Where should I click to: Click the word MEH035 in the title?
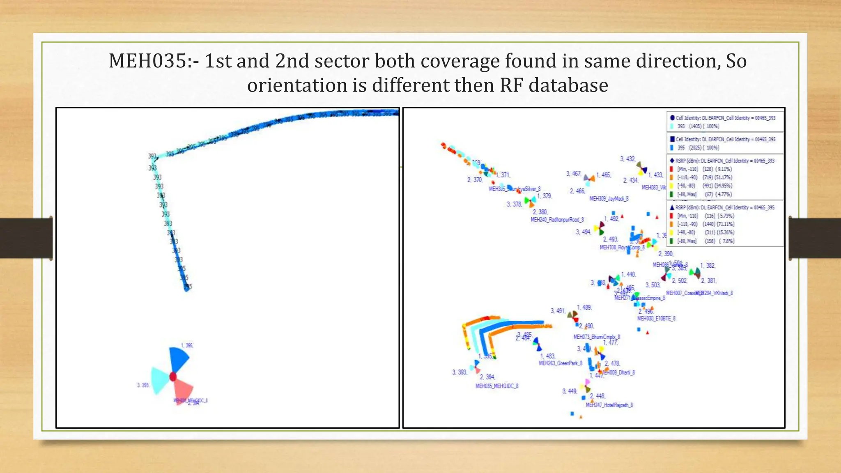147,61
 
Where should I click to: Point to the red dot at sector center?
173,377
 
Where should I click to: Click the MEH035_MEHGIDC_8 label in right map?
496,386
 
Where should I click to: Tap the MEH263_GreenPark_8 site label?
560,363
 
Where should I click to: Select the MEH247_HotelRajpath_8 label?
609,405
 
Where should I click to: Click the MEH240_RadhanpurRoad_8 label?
557,220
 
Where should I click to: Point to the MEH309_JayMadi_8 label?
609,199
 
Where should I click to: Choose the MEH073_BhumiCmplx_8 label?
596,337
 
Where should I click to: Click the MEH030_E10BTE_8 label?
656,319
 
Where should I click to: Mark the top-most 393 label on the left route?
152,156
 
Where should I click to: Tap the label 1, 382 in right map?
708,266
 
